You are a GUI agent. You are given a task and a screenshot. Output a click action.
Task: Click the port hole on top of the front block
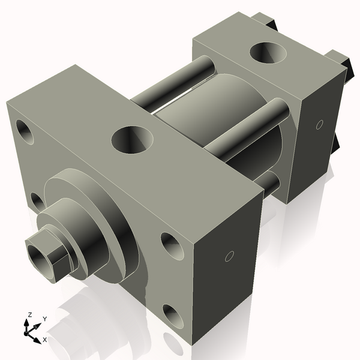(x=132, y=139)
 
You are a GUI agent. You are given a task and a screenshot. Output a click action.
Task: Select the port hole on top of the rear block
(x=268, y=52)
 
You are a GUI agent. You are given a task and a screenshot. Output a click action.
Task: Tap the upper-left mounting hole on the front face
(x=25, y=131)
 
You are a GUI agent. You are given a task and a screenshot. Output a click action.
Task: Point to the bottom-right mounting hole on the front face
(x=173, y=316)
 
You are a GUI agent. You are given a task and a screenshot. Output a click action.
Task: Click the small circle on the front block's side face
(x=229, y=257)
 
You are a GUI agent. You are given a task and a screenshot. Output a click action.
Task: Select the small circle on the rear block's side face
(x=319, y=125)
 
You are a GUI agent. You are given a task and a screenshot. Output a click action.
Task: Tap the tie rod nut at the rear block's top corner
(x=264, y=21)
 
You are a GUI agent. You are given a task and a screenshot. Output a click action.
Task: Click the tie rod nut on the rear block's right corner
(x=340, y=61)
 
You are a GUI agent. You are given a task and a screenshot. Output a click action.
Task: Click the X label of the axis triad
(x=45, y=340)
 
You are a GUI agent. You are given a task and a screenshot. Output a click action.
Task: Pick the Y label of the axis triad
(x=44, y=319)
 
